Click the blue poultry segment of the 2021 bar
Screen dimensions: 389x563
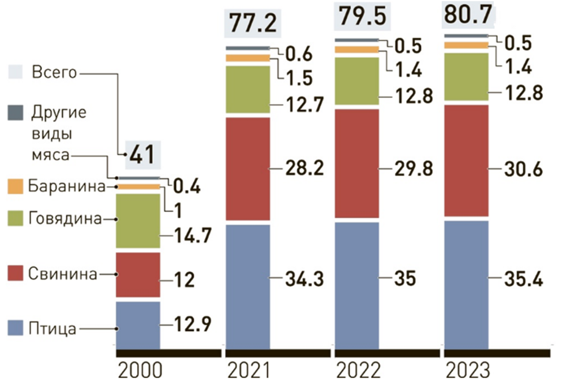tap(247, 286)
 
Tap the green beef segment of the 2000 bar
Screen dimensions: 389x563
tap(138, 220)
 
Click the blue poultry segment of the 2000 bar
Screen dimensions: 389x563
tap(138, 324)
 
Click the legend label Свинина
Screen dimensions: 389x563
tap(62, 275)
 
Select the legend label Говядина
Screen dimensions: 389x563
tap(65, 219)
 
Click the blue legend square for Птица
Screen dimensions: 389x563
tap(16, 330)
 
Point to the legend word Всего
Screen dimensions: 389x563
tap(54, 73)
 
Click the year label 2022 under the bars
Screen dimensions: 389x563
tap(357, 370)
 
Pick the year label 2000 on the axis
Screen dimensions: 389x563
tap(139, 370)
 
